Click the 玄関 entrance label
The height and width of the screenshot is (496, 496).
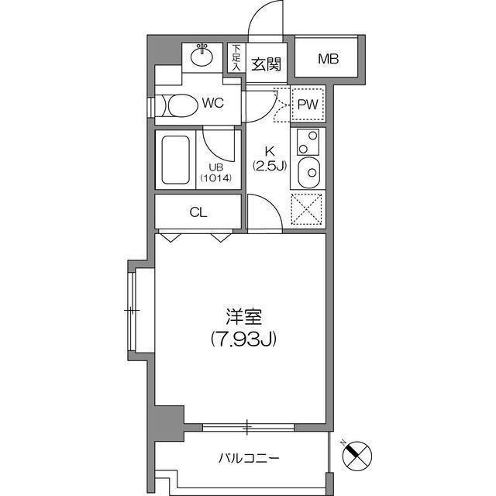(x=266, y=64)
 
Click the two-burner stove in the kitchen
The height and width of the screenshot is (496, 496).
(x=308, y=143)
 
